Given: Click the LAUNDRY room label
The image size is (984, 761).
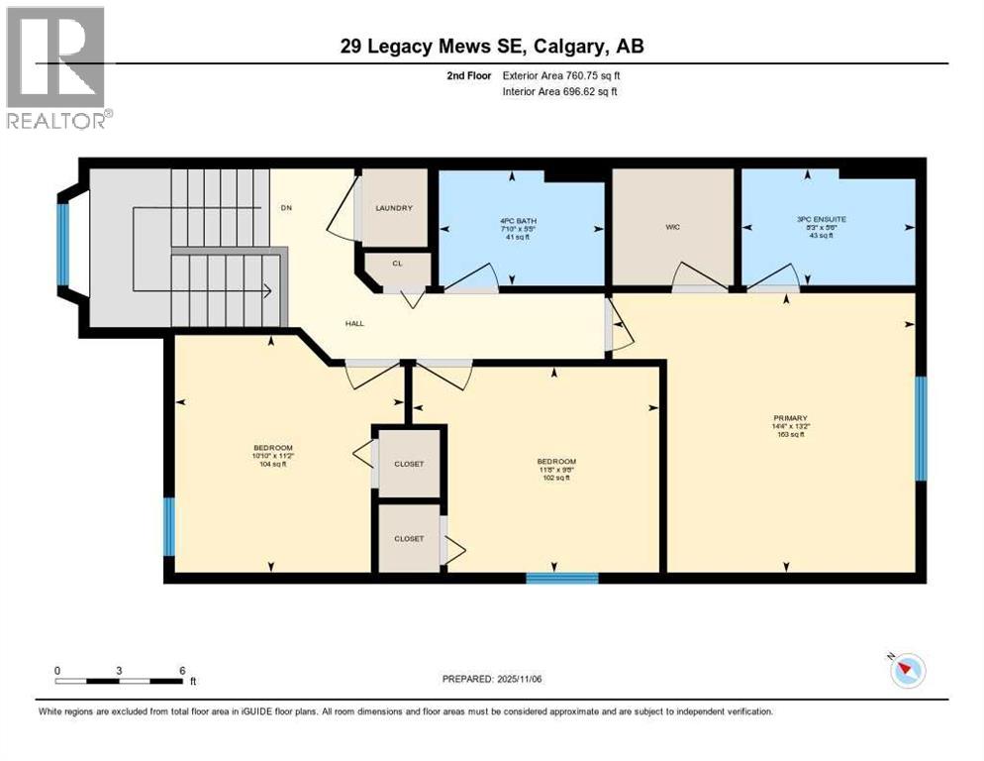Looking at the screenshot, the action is coord(394,208).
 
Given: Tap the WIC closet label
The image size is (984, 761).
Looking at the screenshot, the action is coord(673,227).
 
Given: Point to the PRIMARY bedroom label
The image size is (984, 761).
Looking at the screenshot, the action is coord(790,418).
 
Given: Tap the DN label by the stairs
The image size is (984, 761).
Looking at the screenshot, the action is coord(287,208).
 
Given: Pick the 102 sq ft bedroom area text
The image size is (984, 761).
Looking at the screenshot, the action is coord(556,478).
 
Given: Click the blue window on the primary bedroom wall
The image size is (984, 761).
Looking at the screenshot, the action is coord(921,428).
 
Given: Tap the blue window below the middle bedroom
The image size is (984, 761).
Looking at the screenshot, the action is coord(561,578).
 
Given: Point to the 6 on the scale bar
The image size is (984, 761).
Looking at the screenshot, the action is coord(182,670).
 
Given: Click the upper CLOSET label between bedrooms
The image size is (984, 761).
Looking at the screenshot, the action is coord(408,464).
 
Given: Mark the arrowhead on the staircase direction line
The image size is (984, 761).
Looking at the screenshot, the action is coord(267,291).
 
